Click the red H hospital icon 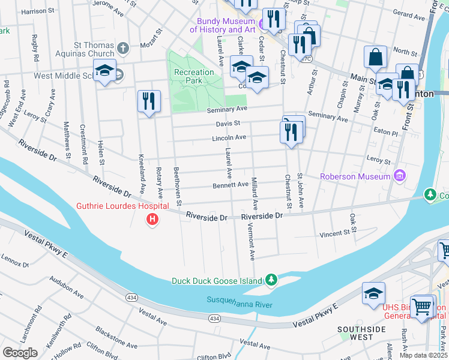(x=152, y=220)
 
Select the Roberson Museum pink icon (x=399, y=176)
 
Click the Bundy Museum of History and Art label (x=222, y=25)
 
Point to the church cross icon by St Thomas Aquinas (x=122, y=47)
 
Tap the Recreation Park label (x=194, y=76)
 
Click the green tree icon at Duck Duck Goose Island (x=271, y=280)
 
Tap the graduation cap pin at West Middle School (x=104, y=70)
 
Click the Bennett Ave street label (x=231, y=185)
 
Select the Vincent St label (x=334, y=233)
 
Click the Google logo (x=20, y=352)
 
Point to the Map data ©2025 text (x=423, y=355)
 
